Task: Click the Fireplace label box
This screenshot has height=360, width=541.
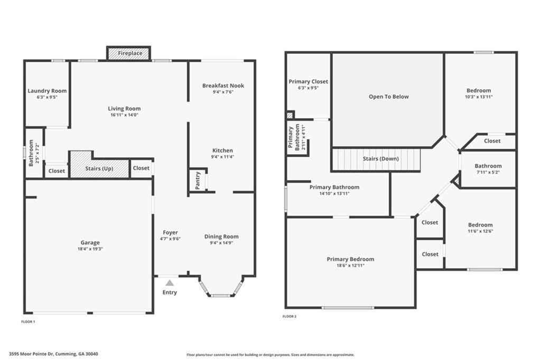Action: (x=129, y=53)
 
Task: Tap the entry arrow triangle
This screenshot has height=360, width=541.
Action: (x=170, y=283)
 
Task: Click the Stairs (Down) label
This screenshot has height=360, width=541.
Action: (x=380, y=158)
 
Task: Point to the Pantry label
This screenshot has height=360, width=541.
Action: (x=197, y=181)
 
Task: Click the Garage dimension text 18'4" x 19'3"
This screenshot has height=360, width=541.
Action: (x=90, y=249)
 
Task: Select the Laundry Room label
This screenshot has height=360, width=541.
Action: (x=47, y=91)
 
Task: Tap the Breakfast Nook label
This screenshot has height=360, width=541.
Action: (x=223, y=86)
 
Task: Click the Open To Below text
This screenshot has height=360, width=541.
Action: (x=388, y=97)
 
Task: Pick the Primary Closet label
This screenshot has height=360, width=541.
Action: (x=308, y=82)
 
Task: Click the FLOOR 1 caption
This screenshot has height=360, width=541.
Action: (x=27, y=321)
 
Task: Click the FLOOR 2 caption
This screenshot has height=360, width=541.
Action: (x=290, y=316)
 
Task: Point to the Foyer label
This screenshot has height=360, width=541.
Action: (x=170, y=232)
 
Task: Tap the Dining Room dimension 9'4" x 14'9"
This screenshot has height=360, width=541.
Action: (x=221, y=243)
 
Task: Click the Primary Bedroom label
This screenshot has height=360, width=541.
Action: (x=350, y=259)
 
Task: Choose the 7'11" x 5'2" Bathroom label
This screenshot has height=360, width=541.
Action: (x=488, y=172)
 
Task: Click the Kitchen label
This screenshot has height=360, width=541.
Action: (x=222, y=150)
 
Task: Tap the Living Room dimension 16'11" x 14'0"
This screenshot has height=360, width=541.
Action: (x=124, y=115)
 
